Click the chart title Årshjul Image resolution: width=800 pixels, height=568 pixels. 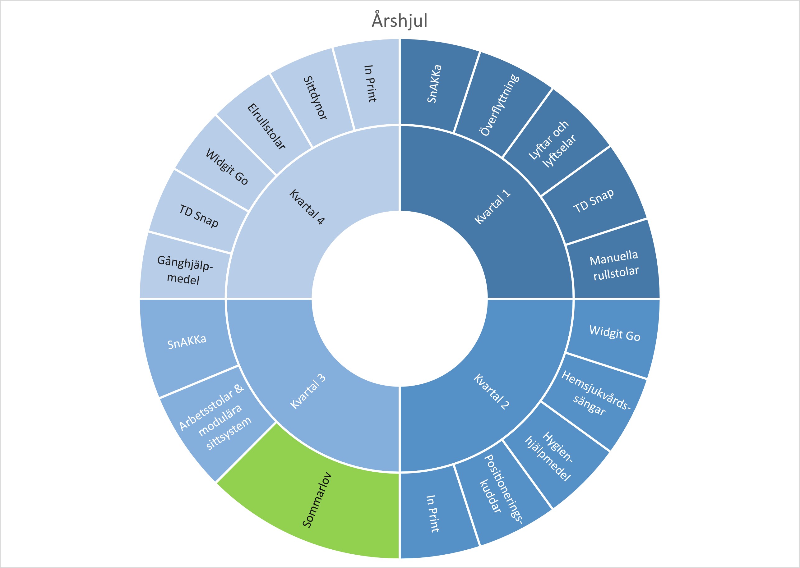(x=399, y=20)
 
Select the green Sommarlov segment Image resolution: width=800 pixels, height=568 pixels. (x=317, y=500)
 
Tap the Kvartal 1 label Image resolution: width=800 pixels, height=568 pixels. (x=492, y=207)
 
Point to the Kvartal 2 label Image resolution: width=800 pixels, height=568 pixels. (x=491, y=392)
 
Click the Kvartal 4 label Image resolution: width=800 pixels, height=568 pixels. (x=307, y=207)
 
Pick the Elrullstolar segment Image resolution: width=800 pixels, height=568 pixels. (x=266, y=126)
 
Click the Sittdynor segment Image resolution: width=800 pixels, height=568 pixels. (x=315, y=98)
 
